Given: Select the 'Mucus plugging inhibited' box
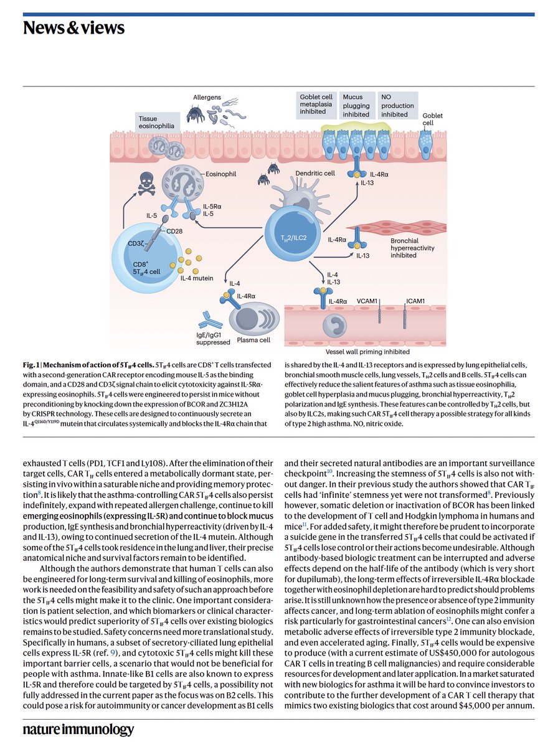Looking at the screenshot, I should (x=356, y=106).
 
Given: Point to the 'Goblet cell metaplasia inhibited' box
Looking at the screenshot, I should (x=316, y=106).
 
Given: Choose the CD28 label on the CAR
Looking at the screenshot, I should (x=175, y=231).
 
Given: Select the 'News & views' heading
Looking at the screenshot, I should (x=73, y=28).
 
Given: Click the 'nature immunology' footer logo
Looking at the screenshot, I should (x=78, y=730).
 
